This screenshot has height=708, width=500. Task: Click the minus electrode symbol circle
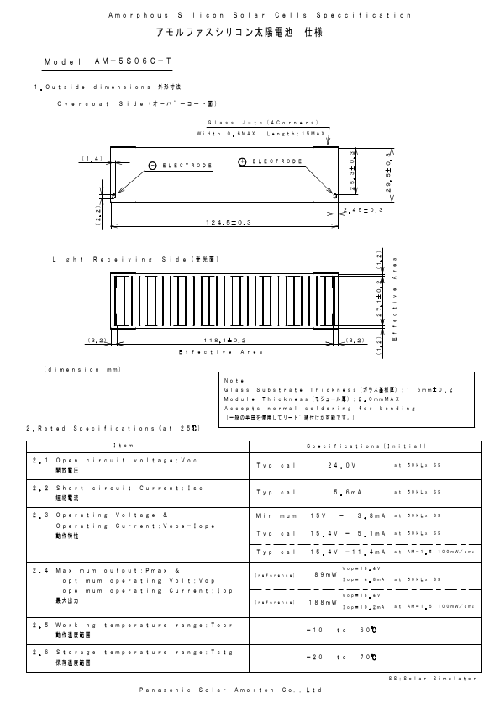pos(152,165)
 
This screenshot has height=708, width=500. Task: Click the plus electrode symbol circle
pos(242,161)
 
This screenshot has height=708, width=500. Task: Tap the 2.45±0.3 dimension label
pos(364,209)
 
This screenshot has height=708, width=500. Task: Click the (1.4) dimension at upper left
pos(92,158)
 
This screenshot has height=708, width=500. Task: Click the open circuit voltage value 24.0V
pos(343,465)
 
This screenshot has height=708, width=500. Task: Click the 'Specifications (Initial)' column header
pos(366,446)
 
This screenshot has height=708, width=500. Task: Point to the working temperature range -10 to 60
pos(339,629)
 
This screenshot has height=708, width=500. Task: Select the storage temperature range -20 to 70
pos(339,656)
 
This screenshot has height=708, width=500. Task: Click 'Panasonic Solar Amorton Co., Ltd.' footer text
pos(232,690)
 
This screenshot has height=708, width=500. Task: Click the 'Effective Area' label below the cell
pos(220,352)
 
